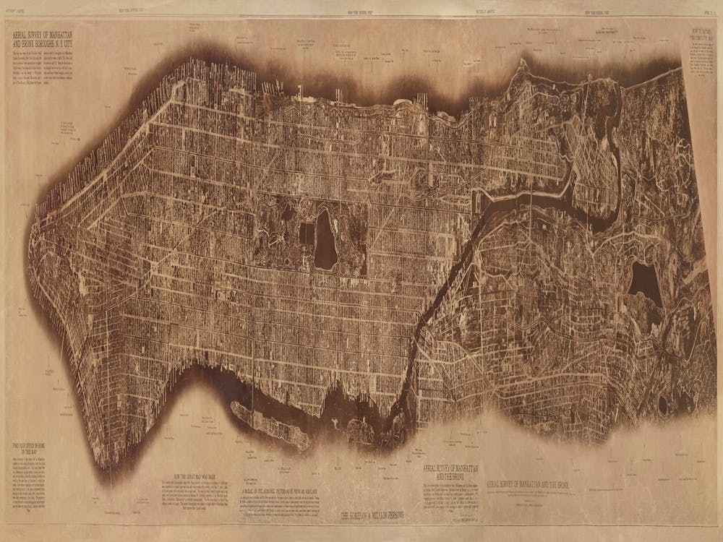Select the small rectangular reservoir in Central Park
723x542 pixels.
[x=307, y=233]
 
